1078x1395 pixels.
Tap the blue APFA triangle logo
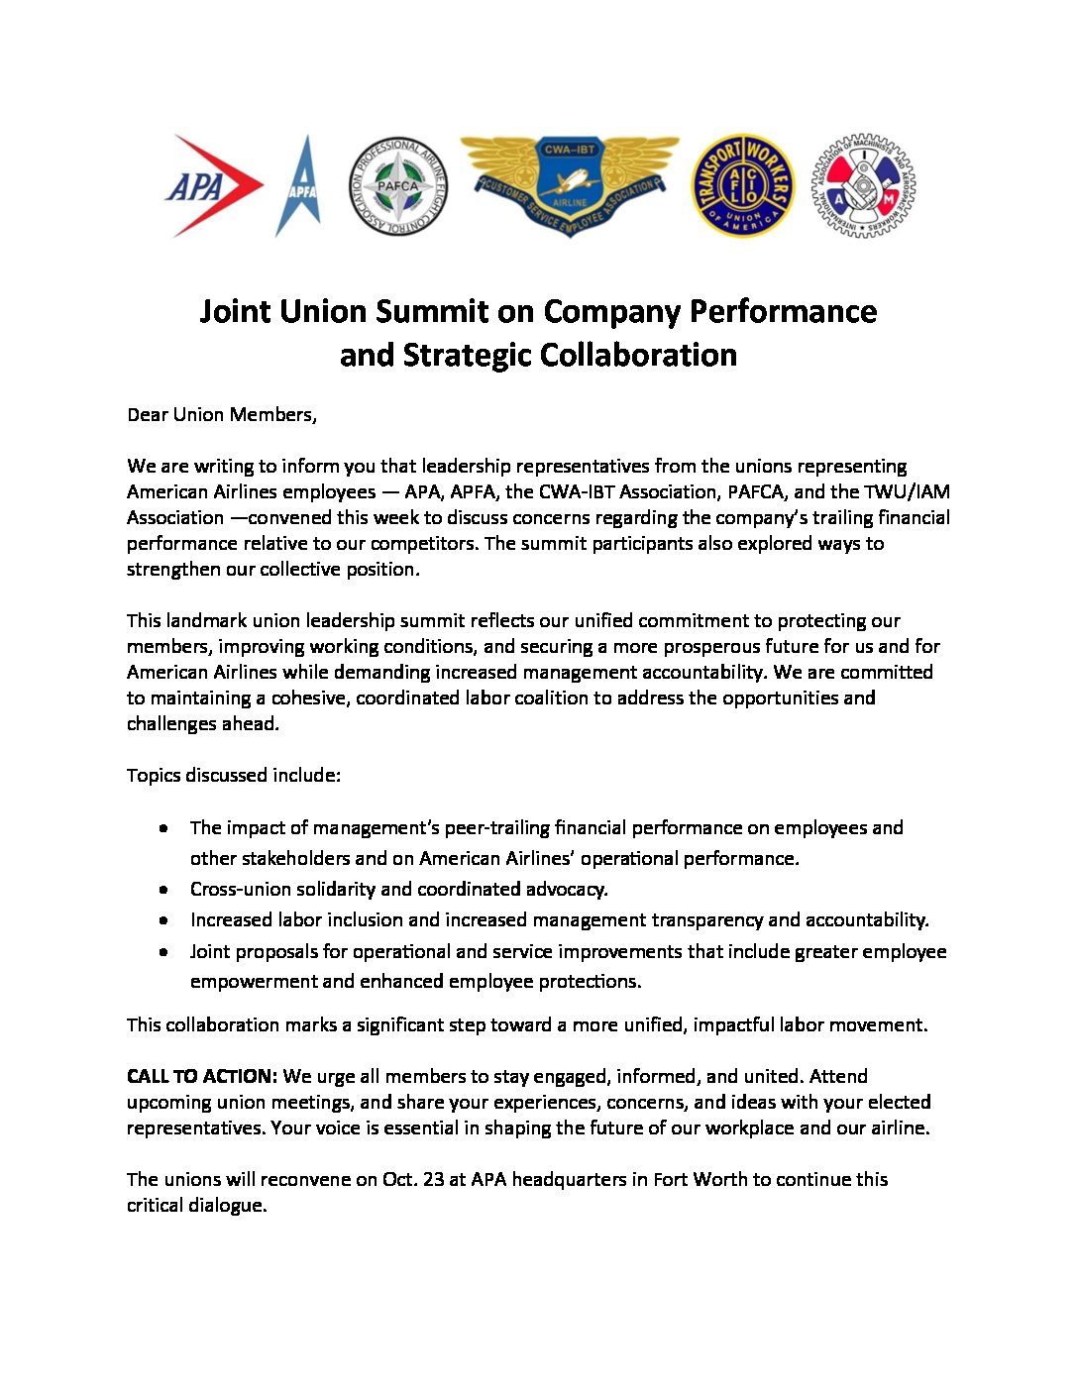coord(298,186)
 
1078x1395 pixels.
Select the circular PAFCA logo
coord(398,186)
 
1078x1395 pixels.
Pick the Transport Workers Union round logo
coord(743,186)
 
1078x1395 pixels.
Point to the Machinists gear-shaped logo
coord(863,186)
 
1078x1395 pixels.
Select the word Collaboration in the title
coord(637,355)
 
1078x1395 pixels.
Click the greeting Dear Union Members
coord(221,414)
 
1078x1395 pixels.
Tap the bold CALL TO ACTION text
coord(201,1076)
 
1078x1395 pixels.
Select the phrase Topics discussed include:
coord(233,775)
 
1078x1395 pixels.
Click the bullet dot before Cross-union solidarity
coord(163,890)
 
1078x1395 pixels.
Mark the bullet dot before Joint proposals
coord(163,951)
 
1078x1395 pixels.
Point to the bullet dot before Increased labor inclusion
coord(163,920)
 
